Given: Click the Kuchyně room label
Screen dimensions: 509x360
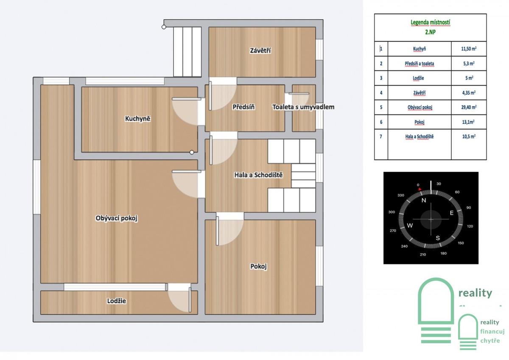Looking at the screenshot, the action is point(138,119).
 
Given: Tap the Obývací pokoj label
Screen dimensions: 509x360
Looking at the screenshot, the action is point(116,218).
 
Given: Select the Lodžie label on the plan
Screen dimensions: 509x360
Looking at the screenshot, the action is point(116,301).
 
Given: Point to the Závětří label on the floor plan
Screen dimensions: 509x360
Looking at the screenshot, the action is point(260,50).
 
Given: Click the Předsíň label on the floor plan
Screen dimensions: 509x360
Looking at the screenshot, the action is point(243,107).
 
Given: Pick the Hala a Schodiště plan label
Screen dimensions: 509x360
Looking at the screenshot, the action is point(259,175).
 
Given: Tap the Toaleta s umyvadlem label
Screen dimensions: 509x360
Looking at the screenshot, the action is point(303,107).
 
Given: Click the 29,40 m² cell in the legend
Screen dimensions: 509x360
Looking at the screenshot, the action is point(469,107).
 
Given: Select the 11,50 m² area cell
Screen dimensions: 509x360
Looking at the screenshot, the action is point(469,49).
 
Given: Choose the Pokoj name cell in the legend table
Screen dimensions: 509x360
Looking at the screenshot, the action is point(419,122).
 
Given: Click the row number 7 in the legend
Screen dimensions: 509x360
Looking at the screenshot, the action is point(381,137).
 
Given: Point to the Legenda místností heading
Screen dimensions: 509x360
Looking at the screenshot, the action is point(430,22).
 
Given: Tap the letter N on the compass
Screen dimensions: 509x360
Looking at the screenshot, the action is point(424,200).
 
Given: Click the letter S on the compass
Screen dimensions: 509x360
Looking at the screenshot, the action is point(438,238).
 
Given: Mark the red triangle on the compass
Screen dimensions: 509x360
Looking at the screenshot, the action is point(420,189).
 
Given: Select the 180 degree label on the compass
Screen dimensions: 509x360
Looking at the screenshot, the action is point(444,253).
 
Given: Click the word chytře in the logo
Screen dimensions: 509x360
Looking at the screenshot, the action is point(490,340).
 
